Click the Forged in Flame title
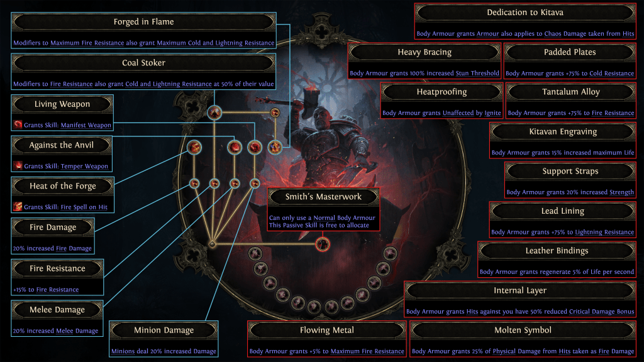click(x=143, y=22)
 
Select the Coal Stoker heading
click(x=143, y=63)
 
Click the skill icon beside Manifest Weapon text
click(x=18, y=125)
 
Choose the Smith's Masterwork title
click(x=323, y=197)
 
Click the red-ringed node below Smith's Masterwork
click(x=323, y=244)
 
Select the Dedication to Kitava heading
click(x=525, y=13)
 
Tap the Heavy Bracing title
click(x=425, y=52)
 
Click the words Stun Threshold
click(x=477, y=74)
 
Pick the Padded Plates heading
click(x=570, y=52)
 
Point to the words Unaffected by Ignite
click(x=472, y=113)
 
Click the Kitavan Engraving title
click(x=563, y=132)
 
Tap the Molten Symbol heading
click(x=523, y=330)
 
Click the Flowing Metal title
click(x=326, y=330)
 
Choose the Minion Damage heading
click(x=164, y=330)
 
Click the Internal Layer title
click(x=520, y=290)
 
